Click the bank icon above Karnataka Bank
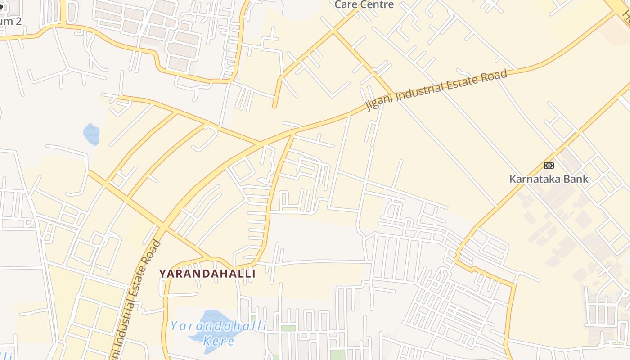[x=549, y=166]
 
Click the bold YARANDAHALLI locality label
[x=207, y=274]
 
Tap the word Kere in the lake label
[x=219, y=341]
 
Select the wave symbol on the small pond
[x=91, y=132]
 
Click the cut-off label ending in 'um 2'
[x=11, y=21]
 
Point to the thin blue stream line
[x=282, y=6]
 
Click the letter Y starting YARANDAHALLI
[x=163, y=274]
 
